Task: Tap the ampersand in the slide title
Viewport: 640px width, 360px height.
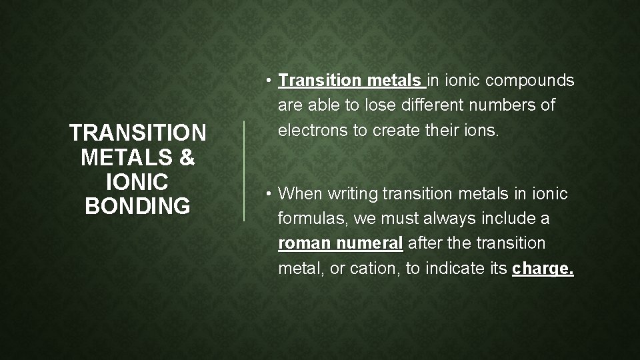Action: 187,159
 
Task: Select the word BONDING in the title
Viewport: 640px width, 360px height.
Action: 137,207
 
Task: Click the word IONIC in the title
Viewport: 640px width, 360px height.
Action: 137,183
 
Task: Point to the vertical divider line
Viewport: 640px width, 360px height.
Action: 244,170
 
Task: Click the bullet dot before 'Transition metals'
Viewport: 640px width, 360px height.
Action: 267,81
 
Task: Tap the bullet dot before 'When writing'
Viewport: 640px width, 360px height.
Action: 267,194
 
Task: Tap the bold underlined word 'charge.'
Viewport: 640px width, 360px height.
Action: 543,269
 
